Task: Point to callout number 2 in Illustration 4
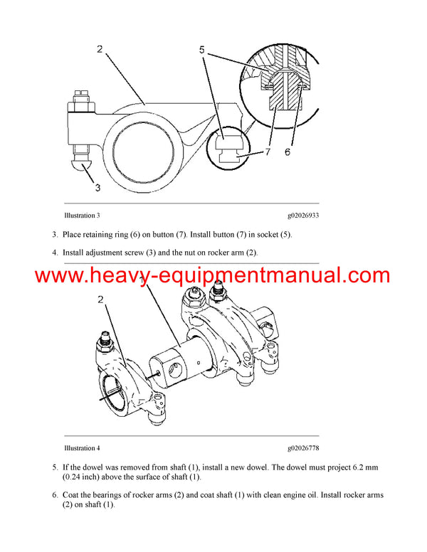tap(100, 300)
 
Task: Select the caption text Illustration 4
tap(82, 448)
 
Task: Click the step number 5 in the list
tap(55, 467)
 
